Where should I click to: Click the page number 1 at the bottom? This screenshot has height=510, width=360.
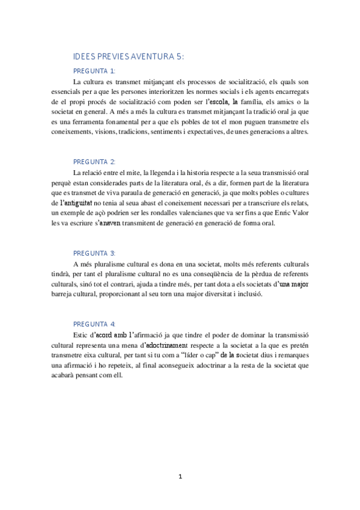pos(180,477)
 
